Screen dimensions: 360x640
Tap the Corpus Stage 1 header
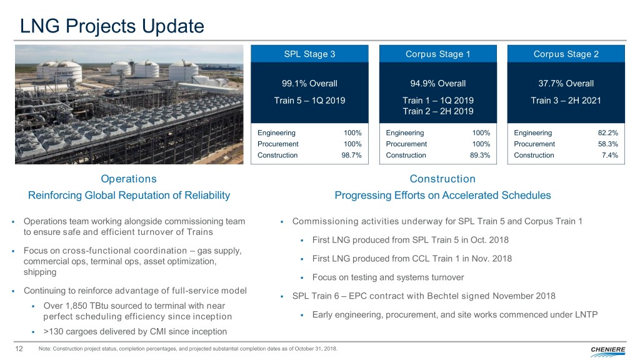(x=438, y=54)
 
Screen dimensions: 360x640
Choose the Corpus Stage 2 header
(x=566, y=54)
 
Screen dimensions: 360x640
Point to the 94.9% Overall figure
(x=438, y=84)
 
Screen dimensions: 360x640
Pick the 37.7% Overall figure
(x=566, y=84)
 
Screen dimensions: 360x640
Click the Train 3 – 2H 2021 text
(x=566, y=100)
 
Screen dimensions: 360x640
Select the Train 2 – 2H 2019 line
(x=438, y=111)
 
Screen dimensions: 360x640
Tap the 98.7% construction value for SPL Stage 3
(x=354, y=155)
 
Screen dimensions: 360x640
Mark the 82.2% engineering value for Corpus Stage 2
(x=608, y=132)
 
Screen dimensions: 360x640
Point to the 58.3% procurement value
(x=608, y=144)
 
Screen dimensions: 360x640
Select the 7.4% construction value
(x=611, y=155)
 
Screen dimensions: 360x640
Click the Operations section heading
(x=129, y=179)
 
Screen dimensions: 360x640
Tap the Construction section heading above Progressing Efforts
(x=442, y=179)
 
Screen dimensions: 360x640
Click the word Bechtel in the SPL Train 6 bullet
(x=451, y=296)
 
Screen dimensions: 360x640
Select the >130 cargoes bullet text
(x=135, y=331)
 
